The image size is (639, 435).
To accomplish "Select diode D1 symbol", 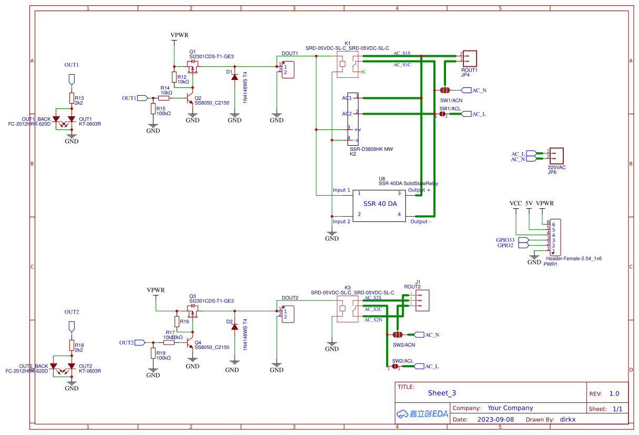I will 235,77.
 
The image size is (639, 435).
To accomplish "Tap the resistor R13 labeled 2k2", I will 72,98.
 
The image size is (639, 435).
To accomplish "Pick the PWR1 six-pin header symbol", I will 555,237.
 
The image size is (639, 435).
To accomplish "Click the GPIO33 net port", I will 523,240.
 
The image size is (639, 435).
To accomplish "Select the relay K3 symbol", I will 347,309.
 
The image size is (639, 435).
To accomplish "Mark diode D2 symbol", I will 235,327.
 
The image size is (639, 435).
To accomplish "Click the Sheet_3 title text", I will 441,393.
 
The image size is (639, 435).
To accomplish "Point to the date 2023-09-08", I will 495,420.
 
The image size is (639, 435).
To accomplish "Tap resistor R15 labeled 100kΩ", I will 153,109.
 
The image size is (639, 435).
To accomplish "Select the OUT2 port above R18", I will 72,326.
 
